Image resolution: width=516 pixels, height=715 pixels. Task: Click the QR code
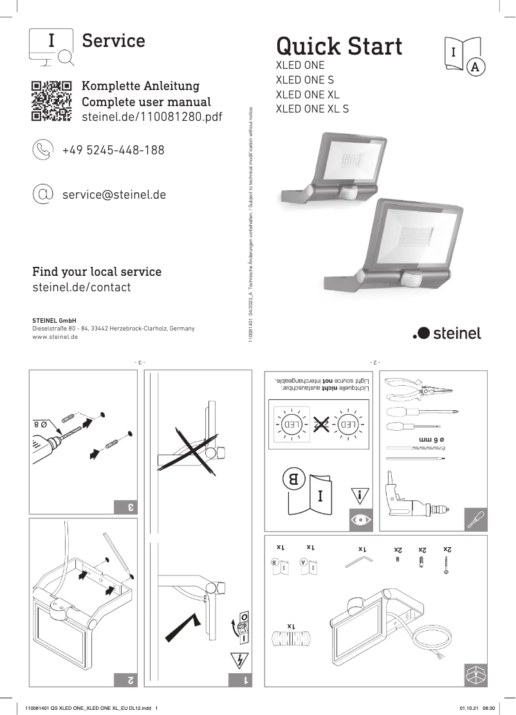[x=51, y=101]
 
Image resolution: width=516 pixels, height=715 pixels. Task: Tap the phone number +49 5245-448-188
[x=113, y=150]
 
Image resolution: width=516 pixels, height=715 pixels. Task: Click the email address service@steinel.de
[x=114, y=194]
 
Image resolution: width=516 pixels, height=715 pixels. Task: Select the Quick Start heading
[x=339, y=46]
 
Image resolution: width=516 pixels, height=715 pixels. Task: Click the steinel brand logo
[x=447, y=333]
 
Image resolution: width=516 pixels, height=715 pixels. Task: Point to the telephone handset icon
[x=43, y=150]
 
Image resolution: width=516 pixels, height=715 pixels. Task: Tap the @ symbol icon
[x=43, y=193]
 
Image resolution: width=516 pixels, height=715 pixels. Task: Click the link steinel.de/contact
[x=81, y=287]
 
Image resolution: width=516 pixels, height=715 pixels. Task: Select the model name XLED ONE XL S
[x=312, y=109]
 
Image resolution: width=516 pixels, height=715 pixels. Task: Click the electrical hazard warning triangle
[x=237, y=660]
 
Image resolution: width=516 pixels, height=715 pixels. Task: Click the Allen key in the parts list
[x=358, y=563]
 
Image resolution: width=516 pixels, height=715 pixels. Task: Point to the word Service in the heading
[x=113, y=41]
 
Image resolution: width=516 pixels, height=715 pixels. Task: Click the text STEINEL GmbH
[x=54, y=320]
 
